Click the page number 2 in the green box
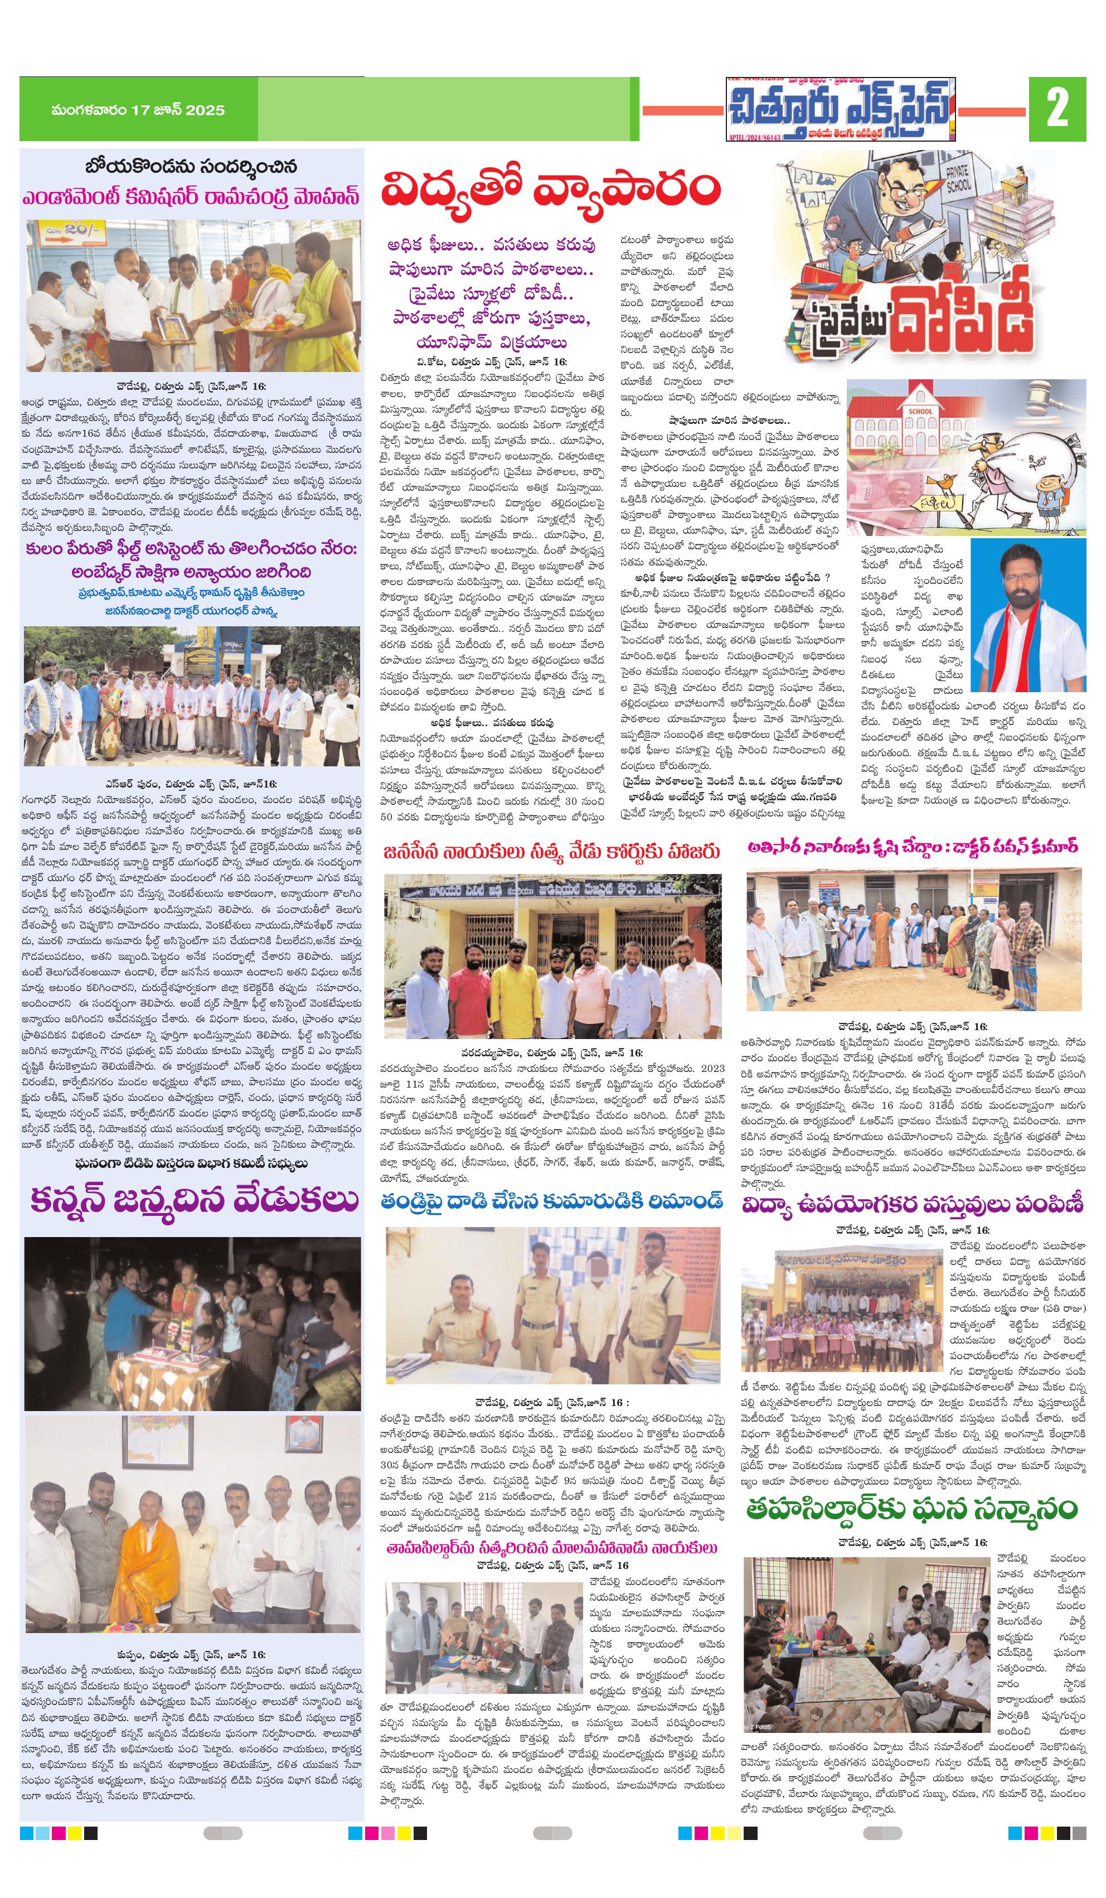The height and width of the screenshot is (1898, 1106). click(1056, 109)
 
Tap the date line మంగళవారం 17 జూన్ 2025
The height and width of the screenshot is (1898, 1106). click(138, 110)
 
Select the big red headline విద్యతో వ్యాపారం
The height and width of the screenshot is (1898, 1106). click(550, 189)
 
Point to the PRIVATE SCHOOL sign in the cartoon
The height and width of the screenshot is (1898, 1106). click(958, 178)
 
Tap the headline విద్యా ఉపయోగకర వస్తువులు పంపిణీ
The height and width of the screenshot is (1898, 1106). click(913, 1205)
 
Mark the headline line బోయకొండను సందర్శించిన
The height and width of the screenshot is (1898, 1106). click(191, 166)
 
